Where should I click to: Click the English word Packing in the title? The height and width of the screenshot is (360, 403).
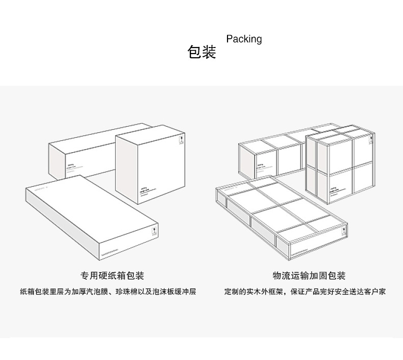[x=244, y=39]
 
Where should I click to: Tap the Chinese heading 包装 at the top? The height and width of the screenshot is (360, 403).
[x=202, y=52]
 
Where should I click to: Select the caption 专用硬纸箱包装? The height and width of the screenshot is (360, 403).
[x=112, y=276]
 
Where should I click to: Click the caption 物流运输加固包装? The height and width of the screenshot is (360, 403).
[x=309, y=276]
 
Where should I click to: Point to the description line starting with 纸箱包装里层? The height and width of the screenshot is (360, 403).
[x=108, y=293]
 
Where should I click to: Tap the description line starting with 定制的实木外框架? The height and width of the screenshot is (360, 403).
[x=305, y=293]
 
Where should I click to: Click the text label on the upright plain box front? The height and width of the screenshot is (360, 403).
[x=145, y=190]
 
